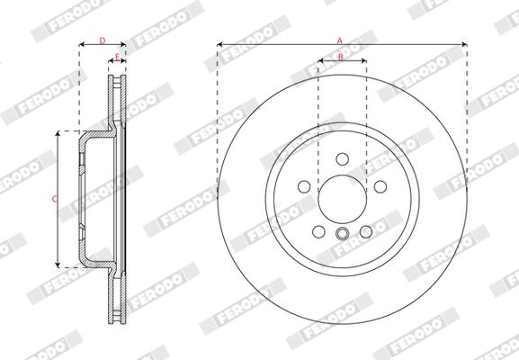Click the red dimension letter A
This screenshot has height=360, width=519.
click(x=340, y=40)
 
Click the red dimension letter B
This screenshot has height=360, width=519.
click(x=341, y=58)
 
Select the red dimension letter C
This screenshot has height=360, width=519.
click(x=55, y=199)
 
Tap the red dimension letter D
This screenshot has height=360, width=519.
click(x=103, y=40)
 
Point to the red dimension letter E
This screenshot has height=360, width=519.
click(x=117, y=57)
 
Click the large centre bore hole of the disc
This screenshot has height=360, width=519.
click(x=342, y=199)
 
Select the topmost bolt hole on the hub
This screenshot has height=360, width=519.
click(x=342, y=159)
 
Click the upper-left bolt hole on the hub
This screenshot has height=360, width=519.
click(x=304, y=186)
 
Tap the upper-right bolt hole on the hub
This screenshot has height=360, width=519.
click(x=380, y=186)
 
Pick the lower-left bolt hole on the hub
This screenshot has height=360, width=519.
click(x=318, y=231)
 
